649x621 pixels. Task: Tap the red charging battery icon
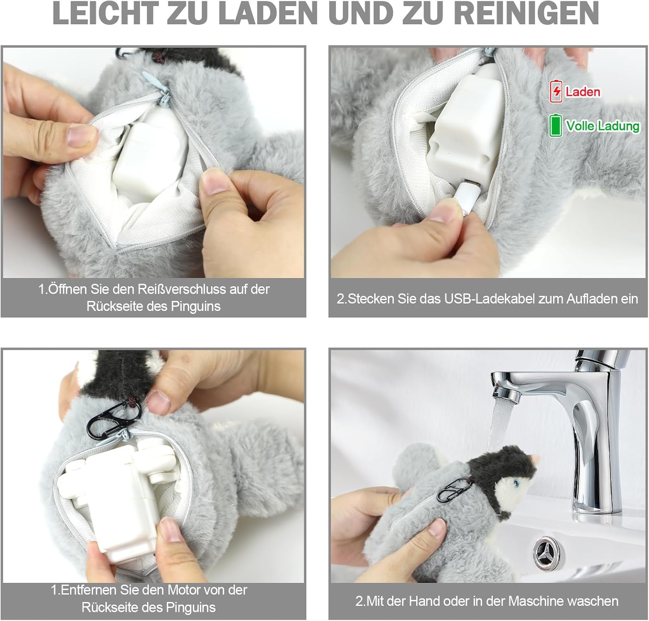(556, 91)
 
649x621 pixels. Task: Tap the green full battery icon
(555, 126)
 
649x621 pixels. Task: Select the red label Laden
(582, 92)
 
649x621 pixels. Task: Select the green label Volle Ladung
(602, 126)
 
